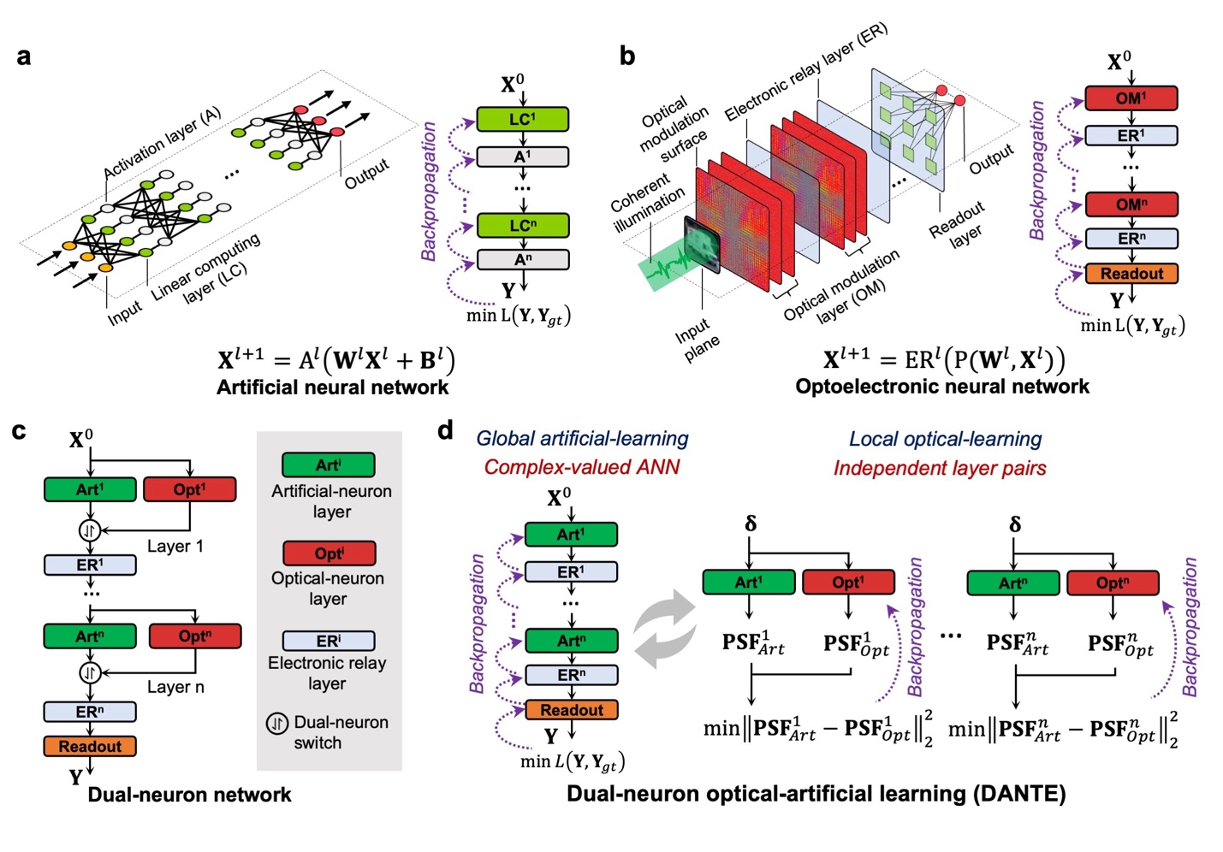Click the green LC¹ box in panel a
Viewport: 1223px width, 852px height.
pos(522,119)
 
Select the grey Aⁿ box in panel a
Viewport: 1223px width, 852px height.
pos(522,259)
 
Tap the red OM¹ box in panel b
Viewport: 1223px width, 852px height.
pos(1131,98)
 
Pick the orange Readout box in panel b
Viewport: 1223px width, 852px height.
pos(1131,274)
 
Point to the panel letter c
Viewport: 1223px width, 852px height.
pos(20,430)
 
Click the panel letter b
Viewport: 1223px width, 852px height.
pos(627,56)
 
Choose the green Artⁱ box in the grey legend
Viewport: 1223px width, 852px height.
pos(329,465)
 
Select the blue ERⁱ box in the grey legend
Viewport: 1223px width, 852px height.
pos(329,641)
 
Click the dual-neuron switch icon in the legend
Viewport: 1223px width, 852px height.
pos(276,724)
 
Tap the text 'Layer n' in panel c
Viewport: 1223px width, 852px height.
pos(175,687)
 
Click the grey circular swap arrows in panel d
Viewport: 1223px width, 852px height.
pos(665,629)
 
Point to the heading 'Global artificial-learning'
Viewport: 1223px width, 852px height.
pos(582,439)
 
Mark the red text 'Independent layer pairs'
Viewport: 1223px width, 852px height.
pos(940,469)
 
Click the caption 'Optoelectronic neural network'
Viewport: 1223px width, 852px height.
pos(942,387)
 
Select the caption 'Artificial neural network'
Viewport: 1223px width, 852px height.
pos(332,388)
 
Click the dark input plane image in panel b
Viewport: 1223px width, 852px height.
pos(703,245)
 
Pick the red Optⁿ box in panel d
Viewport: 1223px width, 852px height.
pos(1112,583)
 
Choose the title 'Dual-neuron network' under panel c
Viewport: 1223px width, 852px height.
pos(189,795)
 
